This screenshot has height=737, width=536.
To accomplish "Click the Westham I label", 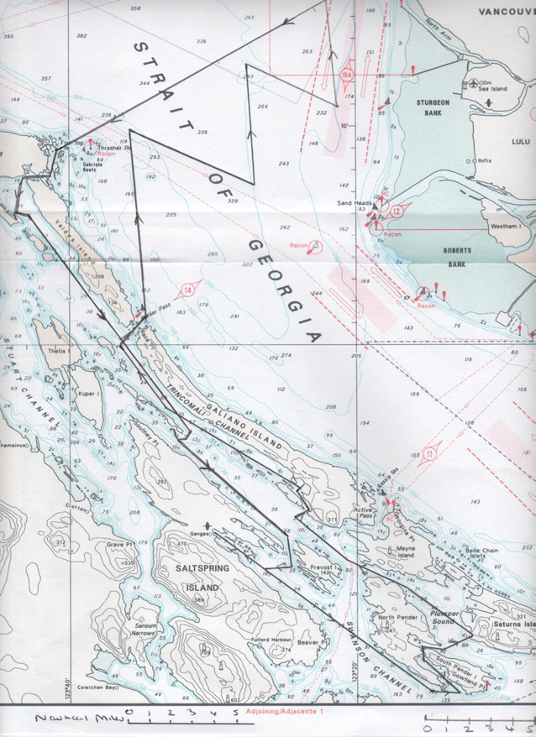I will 504,227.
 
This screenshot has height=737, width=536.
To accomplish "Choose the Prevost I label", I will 323,568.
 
